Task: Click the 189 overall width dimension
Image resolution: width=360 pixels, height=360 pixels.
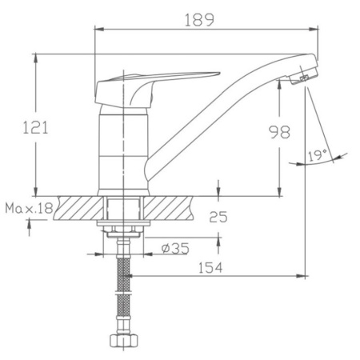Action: [199, 20]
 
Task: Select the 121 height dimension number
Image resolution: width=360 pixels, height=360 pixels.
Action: [35, 127]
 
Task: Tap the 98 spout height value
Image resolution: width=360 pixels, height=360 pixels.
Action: [279, 132]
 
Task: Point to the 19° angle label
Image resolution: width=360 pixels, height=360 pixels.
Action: [318, 155]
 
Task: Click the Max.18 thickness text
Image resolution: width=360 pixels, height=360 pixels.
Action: [29, 208]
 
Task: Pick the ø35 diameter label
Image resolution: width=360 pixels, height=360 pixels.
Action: [175, 249]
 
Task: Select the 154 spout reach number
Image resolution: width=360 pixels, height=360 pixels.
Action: [210, 267]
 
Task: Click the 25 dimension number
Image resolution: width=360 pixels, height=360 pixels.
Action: [218, 217]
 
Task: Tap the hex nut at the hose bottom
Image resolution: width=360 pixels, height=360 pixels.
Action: [124, 340]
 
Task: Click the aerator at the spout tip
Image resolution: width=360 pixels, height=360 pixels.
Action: [303, 76]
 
